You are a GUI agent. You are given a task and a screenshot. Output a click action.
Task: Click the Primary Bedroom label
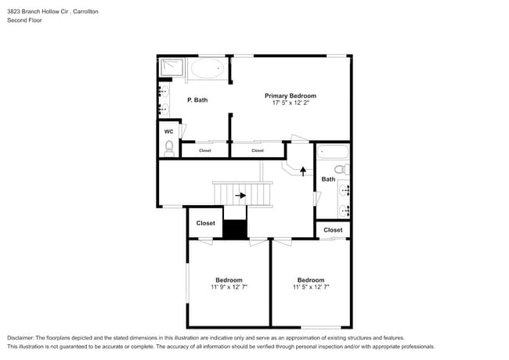(290, 95)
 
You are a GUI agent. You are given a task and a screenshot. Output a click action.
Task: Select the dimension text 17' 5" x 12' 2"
(290, 103)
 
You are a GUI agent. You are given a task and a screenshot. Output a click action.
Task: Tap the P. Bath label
(197, 100)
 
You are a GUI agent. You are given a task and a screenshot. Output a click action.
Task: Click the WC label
(168, 131)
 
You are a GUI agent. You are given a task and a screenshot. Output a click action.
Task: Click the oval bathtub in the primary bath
(207, 70)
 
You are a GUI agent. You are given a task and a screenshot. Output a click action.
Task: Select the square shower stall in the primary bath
(171, 68)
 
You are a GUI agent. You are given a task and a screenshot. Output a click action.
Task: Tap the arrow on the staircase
(240, 196)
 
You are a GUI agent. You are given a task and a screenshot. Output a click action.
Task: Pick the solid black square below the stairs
(235, 229)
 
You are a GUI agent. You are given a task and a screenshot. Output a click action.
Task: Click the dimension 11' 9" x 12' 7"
(229, 287)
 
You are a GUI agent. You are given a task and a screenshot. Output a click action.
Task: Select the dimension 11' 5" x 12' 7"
(311, 287)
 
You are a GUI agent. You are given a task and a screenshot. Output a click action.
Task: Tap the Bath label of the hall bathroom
(328, 179)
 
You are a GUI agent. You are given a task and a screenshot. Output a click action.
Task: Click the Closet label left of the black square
(205, 223)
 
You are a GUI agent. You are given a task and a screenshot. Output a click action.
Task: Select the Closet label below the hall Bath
(333, 230)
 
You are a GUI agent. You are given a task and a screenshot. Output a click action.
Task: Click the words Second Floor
(24, 20)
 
